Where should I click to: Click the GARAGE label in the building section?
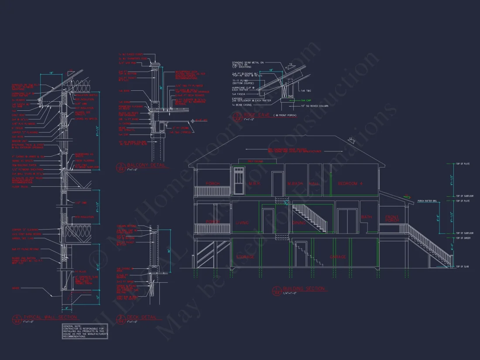click(339, 257)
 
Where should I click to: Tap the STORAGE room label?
click(245, 257)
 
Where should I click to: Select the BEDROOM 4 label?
click(350, 183)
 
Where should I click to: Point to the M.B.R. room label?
click(255, 184)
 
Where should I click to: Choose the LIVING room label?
click(242, 223)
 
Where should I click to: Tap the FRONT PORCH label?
click(392, 219)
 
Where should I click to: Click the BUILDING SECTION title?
click(304, 289)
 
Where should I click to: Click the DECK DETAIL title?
click(141, 317)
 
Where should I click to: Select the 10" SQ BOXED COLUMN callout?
click(311, 106)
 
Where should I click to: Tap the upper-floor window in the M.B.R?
click(239, 180)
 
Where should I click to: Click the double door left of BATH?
click(348, 221)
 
